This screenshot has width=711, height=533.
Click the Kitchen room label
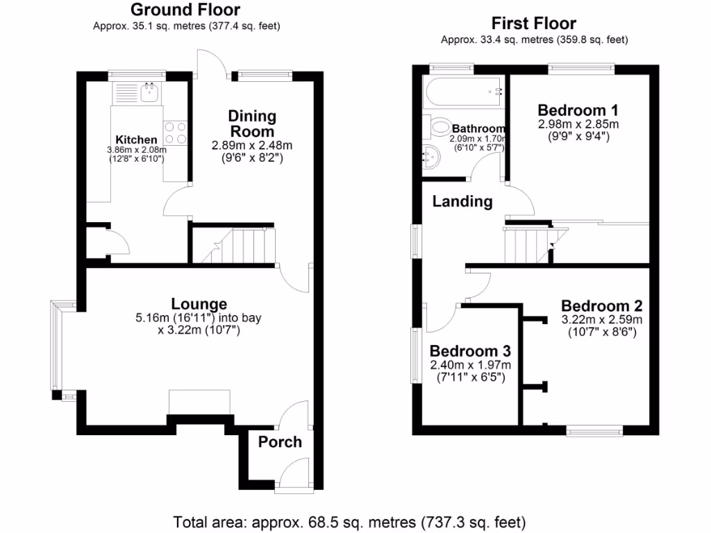(136, 140)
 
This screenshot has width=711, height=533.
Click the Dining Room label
(252, 124)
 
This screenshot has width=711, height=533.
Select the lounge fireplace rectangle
(199, 402)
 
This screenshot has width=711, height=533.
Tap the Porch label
(280, 442)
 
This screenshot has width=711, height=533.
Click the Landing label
(462, 202)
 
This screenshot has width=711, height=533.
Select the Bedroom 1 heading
(578, 110)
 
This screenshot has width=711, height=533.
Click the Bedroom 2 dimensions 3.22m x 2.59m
(601, 320)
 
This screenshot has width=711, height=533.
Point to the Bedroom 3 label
(470, 351)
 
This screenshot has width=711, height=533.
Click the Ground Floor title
(185, 10)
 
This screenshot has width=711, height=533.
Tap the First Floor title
(534, 23)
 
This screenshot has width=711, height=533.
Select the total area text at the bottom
(349, 521)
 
